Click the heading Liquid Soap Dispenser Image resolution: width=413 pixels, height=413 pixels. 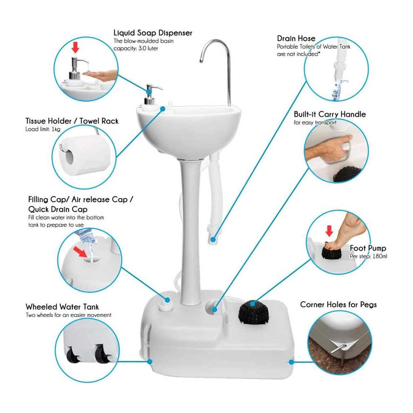point(153,33)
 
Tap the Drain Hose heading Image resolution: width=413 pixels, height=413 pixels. point(296,38)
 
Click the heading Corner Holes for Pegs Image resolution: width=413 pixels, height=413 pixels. point(338,305)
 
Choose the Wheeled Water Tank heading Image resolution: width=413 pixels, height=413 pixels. point(62,307)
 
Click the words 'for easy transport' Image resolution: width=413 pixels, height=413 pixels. point(315,123)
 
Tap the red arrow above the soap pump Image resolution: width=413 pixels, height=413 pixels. point(75,48)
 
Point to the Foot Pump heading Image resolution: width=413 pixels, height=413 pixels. point(368,248)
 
